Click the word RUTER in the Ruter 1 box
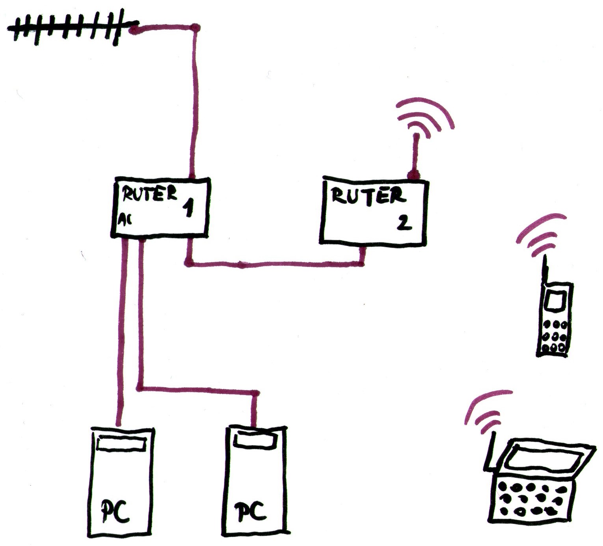coord(149,194)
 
